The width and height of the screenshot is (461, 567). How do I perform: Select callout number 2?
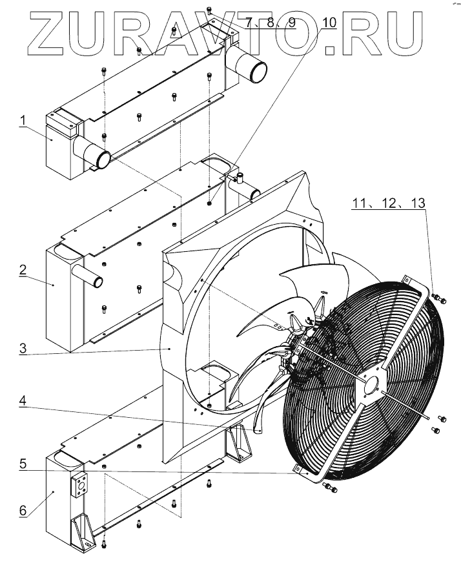coord(22,269)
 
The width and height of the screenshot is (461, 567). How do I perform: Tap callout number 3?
coord(22,348)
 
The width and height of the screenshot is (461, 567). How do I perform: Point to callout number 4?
coord(22,400)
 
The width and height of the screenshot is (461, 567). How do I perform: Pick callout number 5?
coord(22,463)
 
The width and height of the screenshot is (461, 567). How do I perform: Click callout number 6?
coord(22,510)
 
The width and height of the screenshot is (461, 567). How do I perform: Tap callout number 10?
coord(329,23)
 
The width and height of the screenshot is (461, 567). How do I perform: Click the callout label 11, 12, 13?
coord(389,203)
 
